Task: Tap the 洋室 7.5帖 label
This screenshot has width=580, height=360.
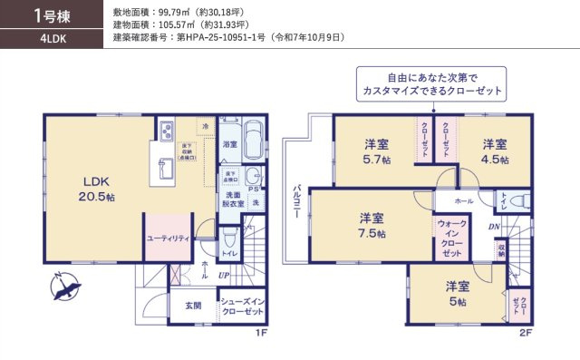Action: [372, 226]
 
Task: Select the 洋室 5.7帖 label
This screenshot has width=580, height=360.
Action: [377, 151]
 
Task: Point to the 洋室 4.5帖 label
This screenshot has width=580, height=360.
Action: [494, 151]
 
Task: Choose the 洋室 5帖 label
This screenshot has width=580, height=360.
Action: [456, 294]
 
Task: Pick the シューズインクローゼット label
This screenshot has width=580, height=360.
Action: [242, 306]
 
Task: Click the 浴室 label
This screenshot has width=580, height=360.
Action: [229, 144]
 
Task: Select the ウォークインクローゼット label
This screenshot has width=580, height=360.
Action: [452, 238]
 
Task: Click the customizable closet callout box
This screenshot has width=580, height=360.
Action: [430, 86]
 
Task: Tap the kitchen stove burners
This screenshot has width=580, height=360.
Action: [167, 132]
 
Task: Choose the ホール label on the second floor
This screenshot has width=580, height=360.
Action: [464, 200]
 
